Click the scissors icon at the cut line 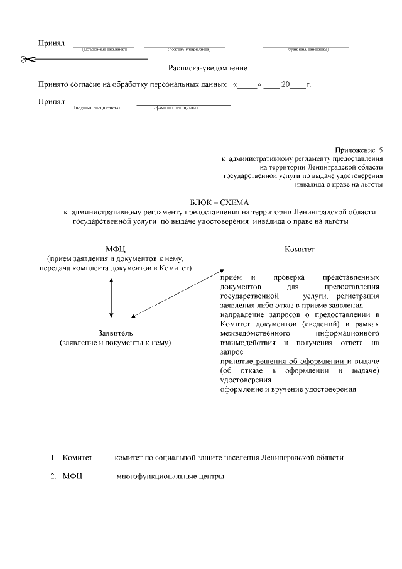pos(27,59)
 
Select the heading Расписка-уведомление pos(207,68)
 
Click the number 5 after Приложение pos(380,150)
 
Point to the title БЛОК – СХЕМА pos(219,202)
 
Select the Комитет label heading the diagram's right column pos(300,250)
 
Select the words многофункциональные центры pos(170,476)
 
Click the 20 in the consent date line pos(286,83)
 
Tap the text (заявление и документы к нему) pos(116,343)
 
